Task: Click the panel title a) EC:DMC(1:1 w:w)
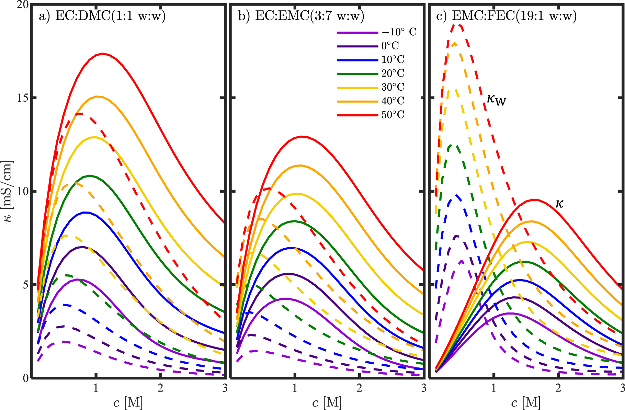(x=102, y=16)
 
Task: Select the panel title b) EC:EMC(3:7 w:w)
(x=301, y=16)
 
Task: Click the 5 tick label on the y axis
(x=25, y=285)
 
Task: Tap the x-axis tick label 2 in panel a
(x=160, y=388)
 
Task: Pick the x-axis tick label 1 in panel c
(x=493, y=388)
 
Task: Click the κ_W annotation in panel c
(x=496, y=100)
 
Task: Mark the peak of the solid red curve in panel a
(x=102, y=54)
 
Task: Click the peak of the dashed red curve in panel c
(x=457, y=24)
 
